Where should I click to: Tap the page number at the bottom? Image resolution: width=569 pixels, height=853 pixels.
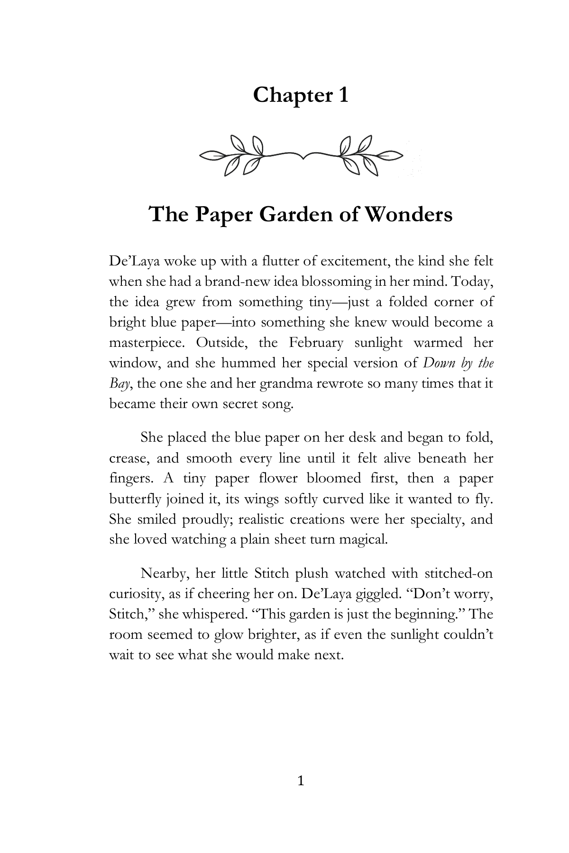300,780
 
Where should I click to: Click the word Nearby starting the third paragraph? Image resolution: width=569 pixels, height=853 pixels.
164,573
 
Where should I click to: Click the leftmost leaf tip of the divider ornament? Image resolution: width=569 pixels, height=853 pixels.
202,154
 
